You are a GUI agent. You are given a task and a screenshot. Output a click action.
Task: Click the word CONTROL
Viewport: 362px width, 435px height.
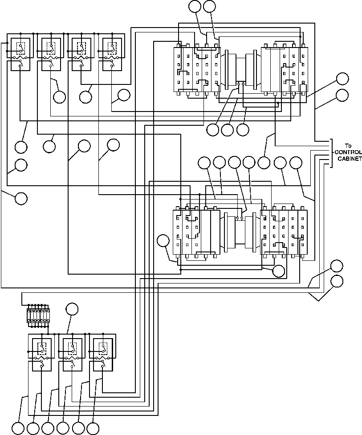(x=347, y=152)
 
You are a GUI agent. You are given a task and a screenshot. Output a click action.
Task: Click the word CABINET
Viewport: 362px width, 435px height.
(x=347, y=159)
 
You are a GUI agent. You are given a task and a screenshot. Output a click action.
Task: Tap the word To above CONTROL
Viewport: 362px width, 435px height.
(x=348, y=145)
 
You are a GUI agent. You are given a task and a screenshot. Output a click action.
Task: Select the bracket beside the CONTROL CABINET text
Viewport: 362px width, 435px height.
(x=331, y=153)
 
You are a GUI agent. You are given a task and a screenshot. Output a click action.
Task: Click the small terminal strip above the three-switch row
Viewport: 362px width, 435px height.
(x=38, y=315)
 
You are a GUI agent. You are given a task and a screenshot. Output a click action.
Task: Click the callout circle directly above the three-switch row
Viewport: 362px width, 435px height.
(x=71, y=309)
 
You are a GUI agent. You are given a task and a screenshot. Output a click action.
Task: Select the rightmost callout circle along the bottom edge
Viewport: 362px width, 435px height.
(x=93, y=428)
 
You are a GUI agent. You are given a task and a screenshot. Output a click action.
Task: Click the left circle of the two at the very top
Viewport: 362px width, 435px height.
(x=195, y=6)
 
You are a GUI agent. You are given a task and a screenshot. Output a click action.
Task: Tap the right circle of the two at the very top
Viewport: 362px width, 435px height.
(x=209, y=6)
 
